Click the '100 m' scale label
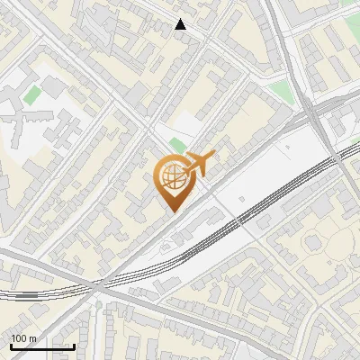pyautogui.click(x=23, y=337)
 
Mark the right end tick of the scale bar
pyautogui.click(x=74, y=345)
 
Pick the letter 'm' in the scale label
pyautogui.click(x=32, y=337)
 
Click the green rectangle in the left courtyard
pyautogui.click(x=32, y=94)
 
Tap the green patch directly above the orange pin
pyautogui.click(x=176, y=147)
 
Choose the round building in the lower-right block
pyautogui.click(x=314, y=242)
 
